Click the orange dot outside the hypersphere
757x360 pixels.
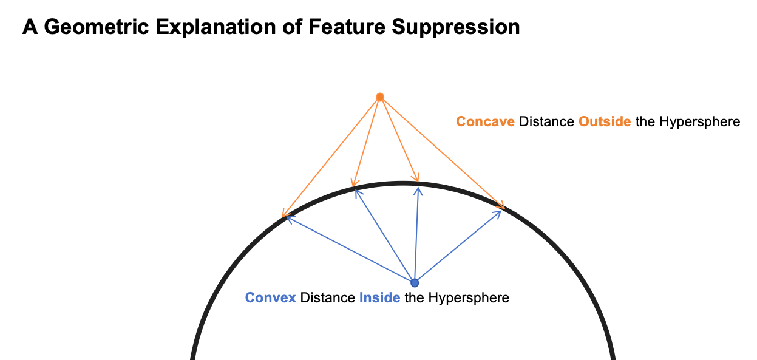click(380, 97)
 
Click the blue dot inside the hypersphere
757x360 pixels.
click(415, 282)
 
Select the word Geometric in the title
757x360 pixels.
click(97, 27)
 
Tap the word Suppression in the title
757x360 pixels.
click(455, 27)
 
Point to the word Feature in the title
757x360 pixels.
click(347, 27)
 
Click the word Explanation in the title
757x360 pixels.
click(216, 27)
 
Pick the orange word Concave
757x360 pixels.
click(485, 121)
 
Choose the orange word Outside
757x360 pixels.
click(605, 121)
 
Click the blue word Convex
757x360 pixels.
click(270, 298)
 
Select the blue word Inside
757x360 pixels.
click(379, 298)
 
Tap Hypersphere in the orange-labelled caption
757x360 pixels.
click(699, 122)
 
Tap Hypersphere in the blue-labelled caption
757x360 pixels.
click(469, 298)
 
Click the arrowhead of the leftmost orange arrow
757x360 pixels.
click(282, 217)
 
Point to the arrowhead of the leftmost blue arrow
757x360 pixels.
click(287, 217)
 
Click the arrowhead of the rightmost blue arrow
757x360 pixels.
click(501, 211)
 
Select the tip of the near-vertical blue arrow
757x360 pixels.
click(418, 187)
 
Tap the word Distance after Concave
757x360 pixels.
click(546, 121)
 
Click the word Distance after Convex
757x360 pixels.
click(327, 298)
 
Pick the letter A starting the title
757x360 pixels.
click(30, 27)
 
